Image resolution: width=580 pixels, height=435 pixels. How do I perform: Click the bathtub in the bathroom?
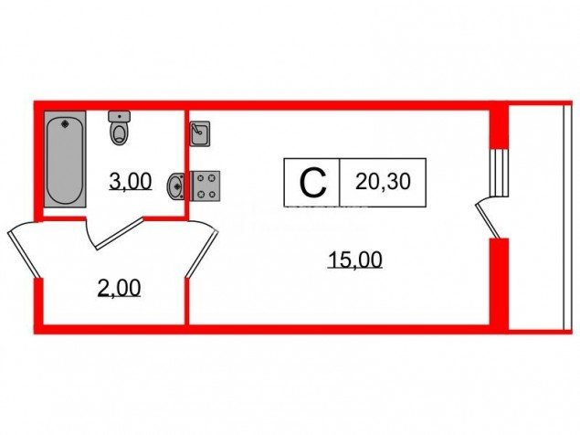point(65,159)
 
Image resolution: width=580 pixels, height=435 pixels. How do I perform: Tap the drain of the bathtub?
point(66,123)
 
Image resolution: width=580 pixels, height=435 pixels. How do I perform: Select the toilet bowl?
point(120,134)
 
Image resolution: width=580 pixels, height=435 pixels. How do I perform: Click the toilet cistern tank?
point(119,116)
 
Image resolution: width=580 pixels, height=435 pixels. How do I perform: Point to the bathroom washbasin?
point(176,186)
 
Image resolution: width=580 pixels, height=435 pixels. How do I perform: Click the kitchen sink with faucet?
point(200,133)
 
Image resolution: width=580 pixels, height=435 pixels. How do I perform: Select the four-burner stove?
point(205,186)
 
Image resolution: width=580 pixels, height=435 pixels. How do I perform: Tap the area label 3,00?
point(131,182)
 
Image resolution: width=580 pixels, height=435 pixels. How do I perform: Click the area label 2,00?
point(119,289)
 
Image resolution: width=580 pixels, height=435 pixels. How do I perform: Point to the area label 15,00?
point(355,260)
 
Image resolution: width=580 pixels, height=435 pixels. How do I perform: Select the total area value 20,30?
point(383,182)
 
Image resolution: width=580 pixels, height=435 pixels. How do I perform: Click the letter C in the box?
point(313,183)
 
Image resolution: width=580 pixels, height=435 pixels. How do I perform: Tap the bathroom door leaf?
point(120,233)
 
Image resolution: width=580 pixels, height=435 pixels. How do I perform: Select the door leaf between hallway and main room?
point(202,253)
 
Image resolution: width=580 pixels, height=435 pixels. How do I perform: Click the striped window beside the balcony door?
point(499,173)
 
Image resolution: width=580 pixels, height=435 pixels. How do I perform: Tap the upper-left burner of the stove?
point(201,178)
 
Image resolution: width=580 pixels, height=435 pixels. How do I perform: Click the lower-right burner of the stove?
point(212,194)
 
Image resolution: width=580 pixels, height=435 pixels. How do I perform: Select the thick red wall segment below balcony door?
point(499,283)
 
